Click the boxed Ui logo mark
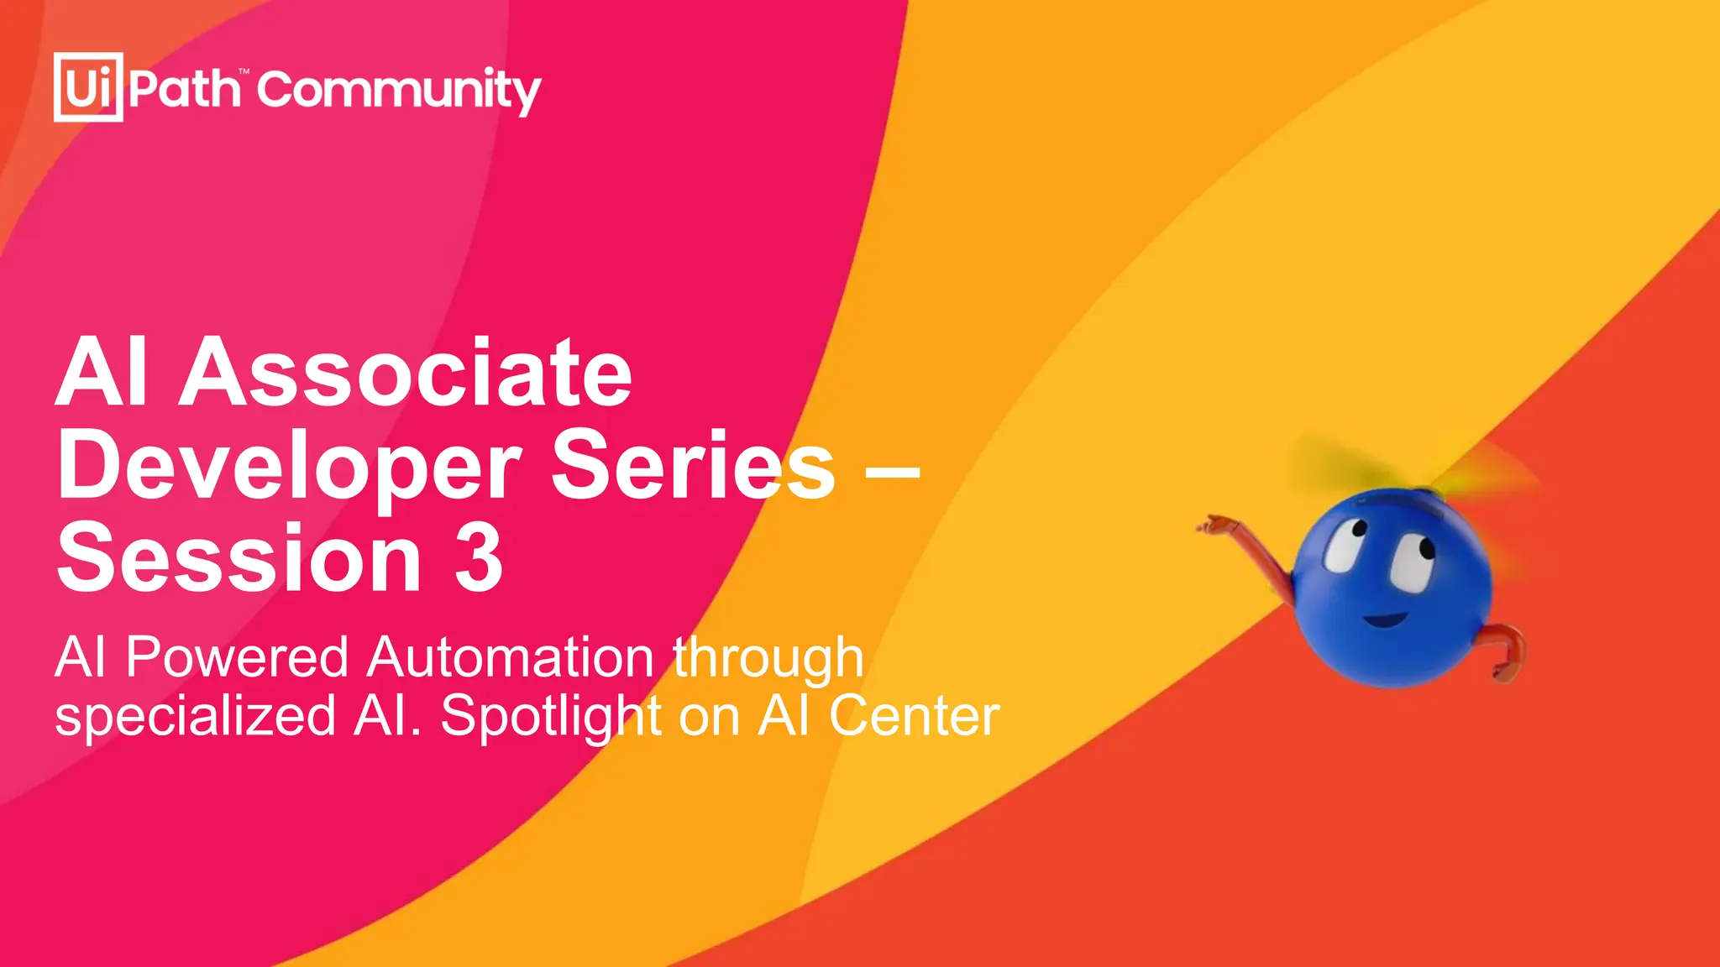88,87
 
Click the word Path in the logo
185,88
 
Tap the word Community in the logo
399,91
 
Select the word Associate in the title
405,373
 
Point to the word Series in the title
693,465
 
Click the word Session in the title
239,557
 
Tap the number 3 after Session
479,557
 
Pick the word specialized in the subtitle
196,717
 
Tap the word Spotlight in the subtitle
551,717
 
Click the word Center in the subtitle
914,716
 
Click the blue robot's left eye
1345,546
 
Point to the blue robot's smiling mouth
1385,620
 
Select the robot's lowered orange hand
1503,670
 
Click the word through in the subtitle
768,658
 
